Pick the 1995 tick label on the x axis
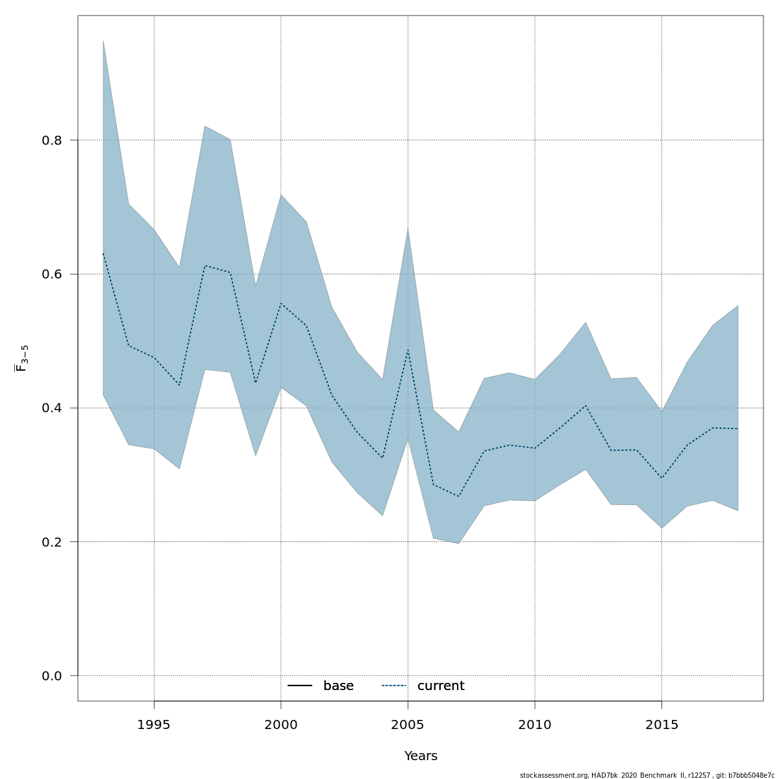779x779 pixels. click(x=154, y=724)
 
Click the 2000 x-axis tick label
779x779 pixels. click(x=281, y=724)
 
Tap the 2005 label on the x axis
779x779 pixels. click(x=408, y=724)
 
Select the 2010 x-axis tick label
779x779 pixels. click(x=535, y=724)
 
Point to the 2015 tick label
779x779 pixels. click(x=662, y=724)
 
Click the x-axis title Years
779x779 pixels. click(x=421, y=756)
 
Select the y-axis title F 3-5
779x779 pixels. click(x=22, y=358)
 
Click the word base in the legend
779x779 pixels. click(x=338, y=686)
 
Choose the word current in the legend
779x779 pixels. click(x=441, y=686)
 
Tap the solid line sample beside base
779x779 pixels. click(x=300, y=686)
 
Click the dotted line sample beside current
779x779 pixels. click(x=393, y=686)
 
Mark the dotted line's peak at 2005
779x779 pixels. click(x=408, y=350)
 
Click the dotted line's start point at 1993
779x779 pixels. click(x=103, y=253)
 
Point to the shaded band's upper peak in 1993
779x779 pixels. click(x=103, y=41)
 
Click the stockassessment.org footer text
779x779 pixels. click(x=647, y=775)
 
